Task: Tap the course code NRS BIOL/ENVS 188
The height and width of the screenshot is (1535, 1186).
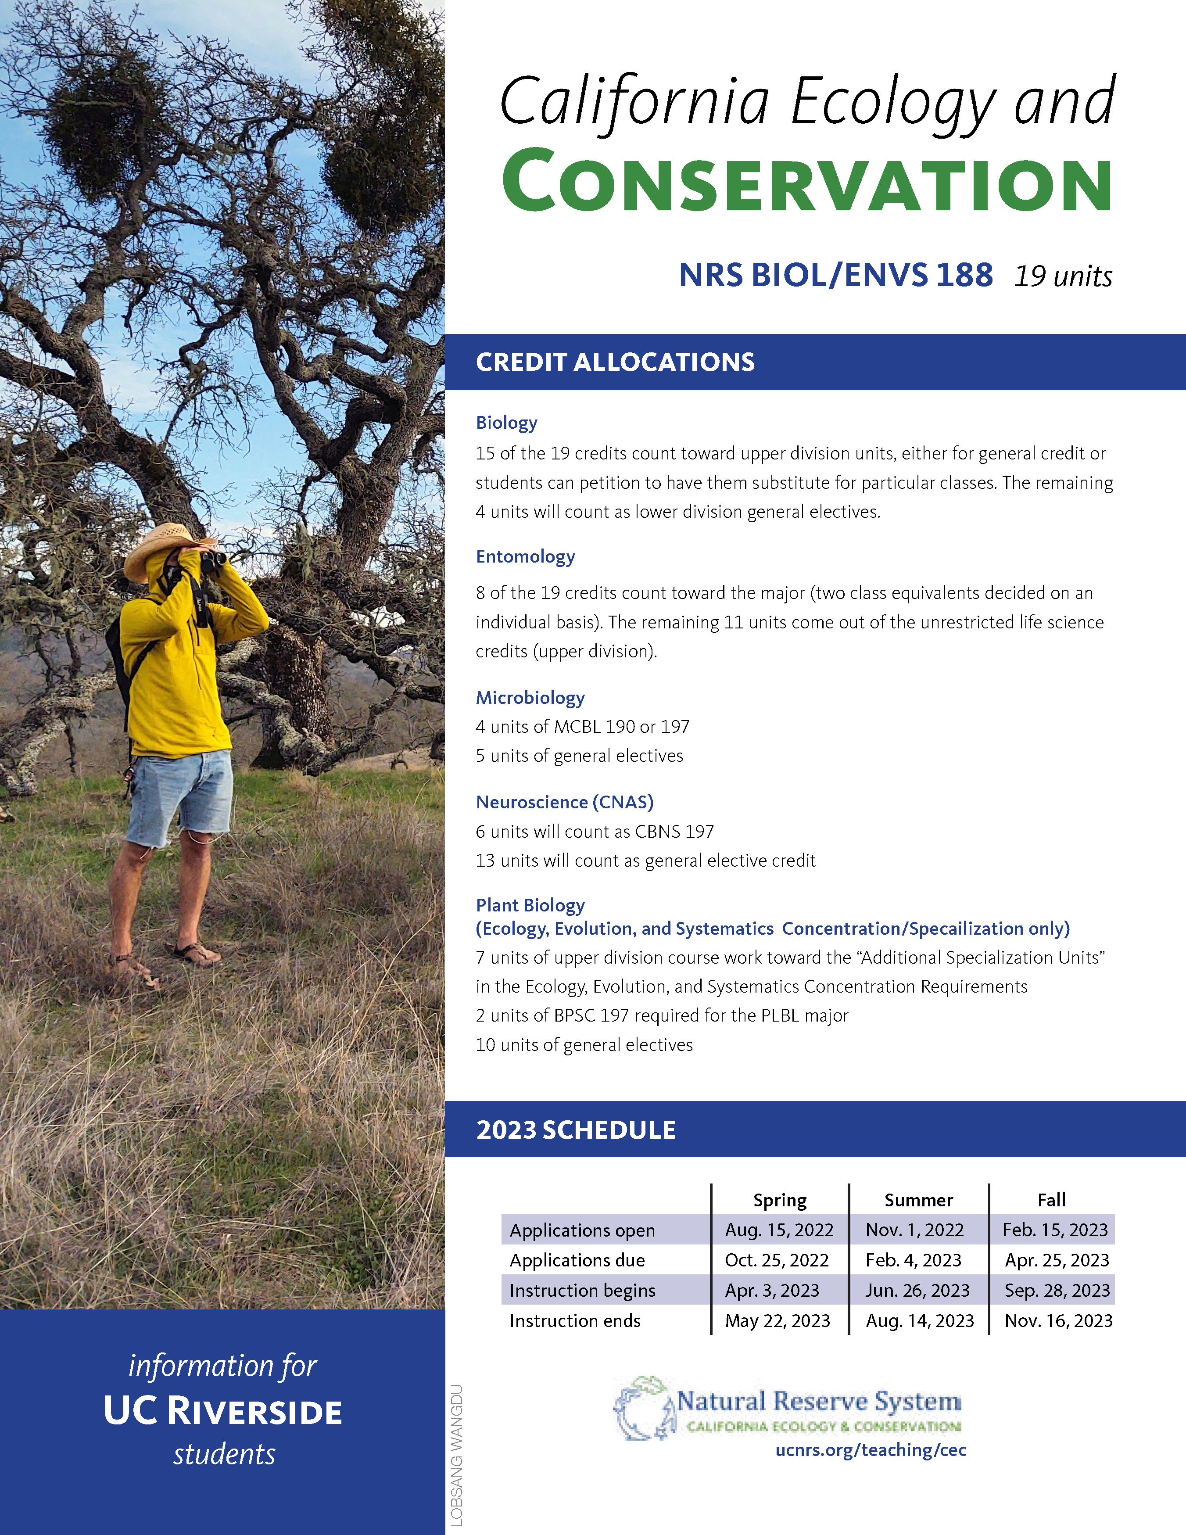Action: (835, 275)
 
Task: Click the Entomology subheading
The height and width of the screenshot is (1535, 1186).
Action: (526, 557)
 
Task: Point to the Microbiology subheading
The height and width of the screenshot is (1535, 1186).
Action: (530, 697)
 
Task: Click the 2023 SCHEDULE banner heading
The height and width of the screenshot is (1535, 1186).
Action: (576, 1130)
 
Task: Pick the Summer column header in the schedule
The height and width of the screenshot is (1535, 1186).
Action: (918, 1200)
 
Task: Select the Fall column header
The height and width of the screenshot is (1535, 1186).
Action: (1052, 1200)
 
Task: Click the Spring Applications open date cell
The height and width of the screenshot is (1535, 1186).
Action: (779, 1230)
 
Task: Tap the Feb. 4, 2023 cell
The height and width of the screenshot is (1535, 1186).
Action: (914, 1260)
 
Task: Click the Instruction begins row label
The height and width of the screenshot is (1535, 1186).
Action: (582, 1291)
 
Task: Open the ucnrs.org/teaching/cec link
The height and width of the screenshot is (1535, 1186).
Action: (871, 1450)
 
